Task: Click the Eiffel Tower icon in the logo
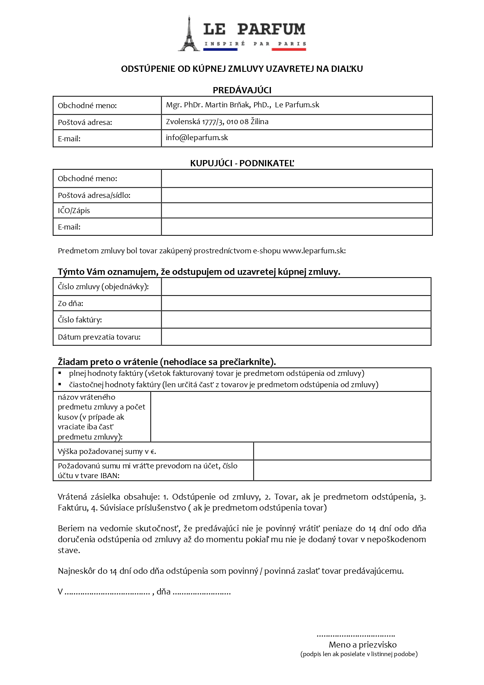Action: coord(189,34)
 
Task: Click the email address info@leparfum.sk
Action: coord(197,137)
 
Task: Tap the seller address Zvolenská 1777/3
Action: coord(195,121)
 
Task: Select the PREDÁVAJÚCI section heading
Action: coord(242,90)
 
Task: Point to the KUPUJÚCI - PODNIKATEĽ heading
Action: coord(242,163)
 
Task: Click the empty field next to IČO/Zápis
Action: coord(297,210)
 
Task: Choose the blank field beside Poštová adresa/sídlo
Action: coord(297,195)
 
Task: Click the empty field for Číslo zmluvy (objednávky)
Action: coord(296,287)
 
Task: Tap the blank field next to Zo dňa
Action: coord(296,303)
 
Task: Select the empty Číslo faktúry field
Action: coord(296,320)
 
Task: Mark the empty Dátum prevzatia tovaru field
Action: coord(296,337)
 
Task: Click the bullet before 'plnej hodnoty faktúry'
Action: coord(60,373)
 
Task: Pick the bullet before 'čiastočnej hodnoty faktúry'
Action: coord(60,384)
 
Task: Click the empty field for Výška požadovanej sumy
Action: coord(342,451)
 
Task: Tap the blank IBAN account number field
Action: coord(342,470)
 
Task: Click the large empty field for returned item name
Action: coord(291,417)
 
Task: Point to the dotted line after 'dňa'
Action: coord(201,592)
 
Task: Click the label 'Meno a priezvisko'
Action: coord(363,644)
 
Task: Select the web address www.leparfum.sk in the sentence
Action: coord(313,251)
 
